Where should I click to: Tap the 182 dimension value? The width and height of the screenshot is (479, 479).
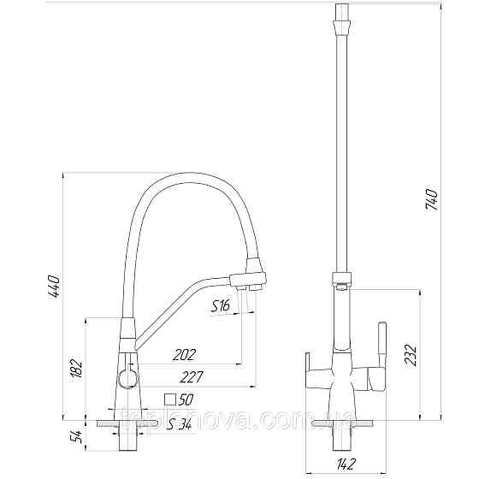(76, 368)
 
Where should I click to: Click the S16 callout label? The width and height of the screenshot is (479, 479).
(221, 305)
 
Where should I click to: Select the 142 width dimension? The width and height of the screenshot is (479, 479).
(346, 465)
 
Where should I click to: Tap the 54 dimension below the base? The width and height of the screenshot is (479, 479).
(76, 438)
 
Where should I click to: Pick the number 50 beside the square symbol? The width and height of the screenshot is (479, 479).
(186, 399)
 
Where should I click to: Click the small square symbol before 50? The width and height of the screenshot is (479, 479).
(170, 399)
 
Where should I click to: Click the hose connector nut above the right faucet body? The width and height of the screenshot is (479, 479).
(340, 279)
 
